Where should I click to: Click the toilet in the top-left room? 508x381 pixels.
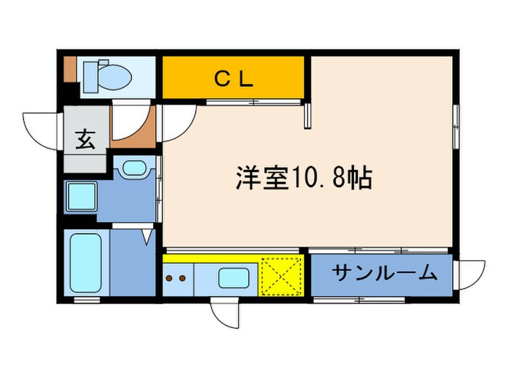[105, 73]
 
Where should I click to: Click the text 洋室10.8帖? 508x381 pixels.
[304, 178]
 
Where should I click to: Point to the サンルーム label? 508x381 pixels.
[385, 273]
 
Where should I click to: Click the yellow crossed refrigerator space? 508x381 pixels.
[280, 276]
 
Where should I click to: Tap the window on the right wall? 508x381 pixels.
[456, 127]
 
